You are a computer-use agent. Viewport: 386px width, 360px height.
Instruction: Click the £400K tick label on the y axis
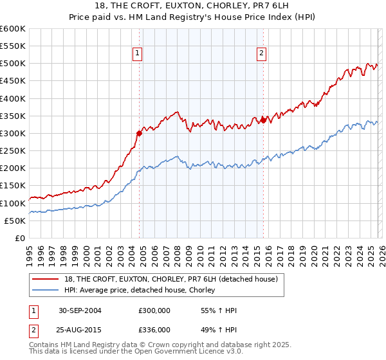[13, 98]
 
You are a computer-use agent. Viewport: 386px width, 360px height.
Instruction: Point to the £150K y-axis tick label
[13, 186]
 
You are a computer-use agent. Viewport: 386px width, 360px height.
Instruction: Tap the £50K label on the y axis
[15, 221]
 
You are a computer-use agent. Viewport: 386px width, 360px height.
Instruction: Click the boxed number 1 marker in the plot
[139, 54]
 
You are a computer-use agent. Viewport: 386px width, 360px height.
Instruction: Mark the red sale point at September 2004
[139, 134]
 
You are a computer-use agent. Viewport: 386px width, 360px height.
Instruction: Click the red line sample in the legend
[46, 279]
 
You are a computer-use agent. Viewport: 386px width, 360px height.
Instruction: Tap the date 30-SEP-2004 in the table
[80, 310]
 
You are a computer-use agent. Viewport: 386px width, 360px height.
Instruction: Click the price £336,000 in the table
[154, 329]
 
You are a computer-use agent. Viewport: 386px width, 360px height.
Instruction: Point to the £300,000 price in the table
[154, 310]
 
